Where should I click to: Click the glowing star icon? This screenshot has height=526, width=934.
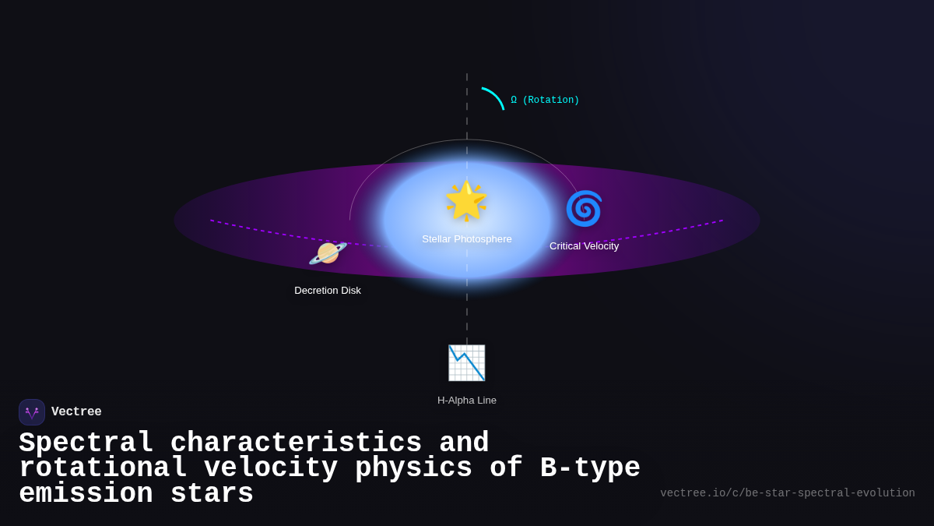tap(466, 200)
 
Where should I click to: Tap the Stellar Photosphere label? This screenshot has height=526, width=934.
tap(467, 239)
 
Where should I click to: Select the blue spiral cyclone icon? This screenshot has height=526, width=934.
tap(584, 209)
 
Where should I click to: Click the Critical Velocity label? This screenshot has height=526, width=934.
tap(584, 246)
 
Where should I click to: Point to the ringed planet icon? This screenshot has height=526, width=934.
tap(328, 253)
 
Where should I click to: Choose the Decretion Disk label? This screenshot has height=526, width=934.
tap(328, 291)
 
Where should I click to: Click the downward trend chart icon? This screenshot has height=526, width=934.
tap(466, 362)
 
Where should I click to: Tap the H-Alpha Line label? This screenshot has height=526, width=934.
tap(467, 401)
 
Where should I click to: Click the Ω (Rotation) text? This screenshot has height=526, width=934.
tap(545, 101)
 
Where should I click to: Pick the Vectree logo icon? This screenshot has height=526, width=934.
tap(32, 412)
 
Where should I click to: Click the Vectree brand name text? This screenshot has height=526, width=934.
tap(76, 412)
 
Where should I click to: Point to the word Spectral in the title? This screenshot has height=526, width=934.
tap(86, 443)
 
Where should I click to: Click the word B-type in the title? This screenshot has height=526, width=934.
tap(590, 468)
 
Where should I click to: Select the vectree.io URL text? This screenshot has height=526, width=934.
tap(787, 493)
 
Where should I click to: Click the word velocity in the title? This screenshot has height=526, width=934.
tap(271, 468)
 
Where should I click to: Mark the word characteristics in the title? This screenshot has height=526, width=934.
tap(296, 443)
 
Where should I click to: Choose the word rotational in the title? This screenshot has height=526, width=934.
tap(103, 468)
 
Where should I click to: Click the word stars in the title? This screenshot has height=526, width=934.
tap(212, 494)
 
